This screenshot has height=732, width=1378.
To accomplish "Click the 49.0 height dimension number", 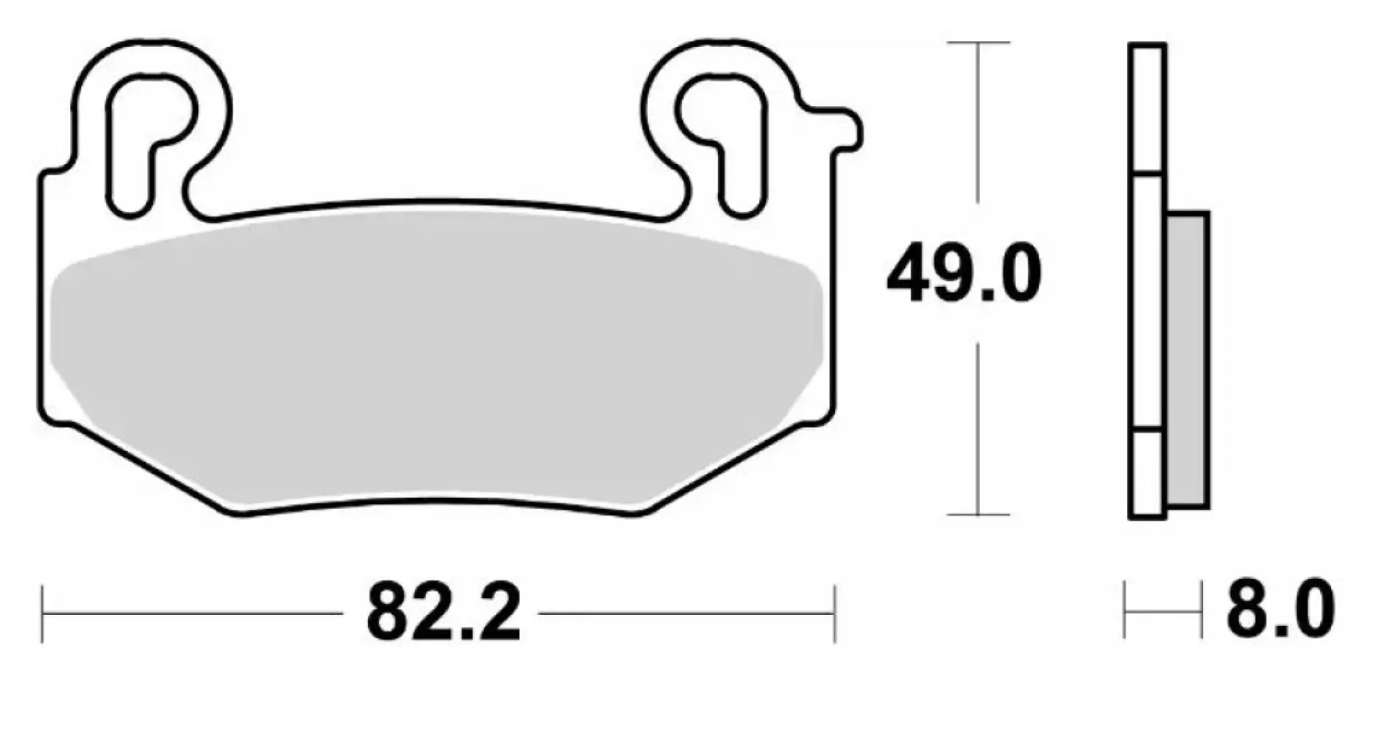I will (963, 274).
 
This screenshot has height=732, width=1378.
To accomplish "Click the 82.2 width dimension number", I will (443, 613).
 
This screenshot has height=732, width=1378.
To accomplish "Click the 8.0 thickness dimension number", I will (1280, 608).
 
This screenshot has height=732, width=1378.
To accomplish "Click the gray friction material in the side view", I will (1187, 359).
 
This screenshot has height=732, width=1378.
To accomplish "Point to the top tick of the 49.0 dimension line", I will (978, 42).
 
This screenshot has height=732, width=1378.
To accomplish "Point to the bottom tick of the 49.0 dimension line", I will (978, 515).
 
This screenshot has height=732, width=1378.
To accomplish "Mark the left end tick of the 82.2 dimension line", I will (42, 613).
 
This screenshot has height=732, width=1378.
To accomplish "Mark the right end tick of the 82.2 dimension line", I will (834, 613).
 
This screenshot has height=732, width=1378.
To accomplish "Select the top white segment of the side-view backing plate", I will (1147, 110).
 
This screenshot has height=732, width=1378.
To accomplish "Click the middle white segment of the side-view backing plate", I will (1147, 302).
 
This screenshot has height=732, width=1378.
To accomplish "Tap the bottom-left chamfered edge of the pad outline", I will (146, 469).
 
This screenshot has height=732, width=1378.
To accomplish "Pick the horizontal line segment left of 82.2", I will (190, 613).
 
